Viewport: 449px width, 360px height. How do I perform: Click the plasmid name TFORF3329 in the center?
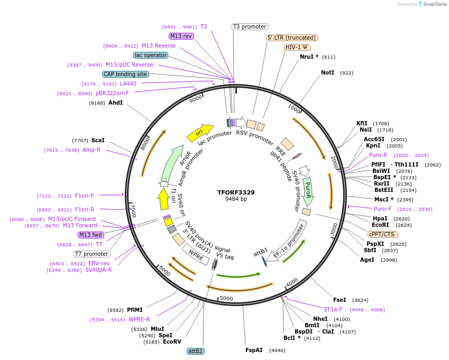(x=236, y=192)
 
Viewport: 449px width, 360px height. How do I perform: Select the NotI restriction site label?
(x=327, y=72)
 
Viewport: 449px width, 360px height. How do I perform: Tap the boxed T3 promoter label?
(x=250, y=26)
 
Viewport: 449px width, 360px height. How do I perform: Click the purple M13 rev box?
(x=181, y=36)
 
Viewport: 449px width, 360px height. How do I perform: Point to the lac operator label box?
(x=151, y=55)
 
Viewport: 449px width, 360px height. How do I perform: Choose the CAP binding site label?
(x=125, y=74)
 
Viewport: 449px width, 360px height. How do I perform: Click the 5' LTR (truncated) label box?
(x=292, y=38)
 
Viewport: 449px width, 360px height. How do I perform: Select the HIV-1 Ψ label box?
(x=297, y=47)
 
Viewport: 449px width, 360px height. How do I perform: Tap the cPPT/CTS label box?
(x=383, y=234)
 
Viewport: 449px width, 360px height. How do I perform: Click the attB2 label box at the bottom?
(x=196, y=351)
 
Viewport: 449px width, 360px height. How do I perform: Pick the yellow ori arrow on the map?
(x=200, y=132)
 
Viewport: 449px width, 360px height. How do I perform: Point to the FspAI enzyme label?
(x=254, y=350)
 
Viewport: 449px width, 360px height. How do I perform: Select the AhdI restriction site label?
(x=115, y=103)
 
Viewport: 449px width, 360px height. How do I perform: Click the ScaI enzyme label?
(x=98, y=140)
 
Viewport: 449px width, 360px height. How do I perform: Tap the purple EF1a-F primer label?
(x=333, y=309)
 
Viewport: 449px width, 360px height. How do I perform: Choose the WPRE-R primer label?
(x=139, y=319)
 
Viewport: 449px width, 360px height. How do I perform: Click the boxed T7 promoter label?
(x=92, y=254)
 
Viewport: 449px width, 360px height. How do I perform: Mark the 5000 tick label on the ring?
(x=226, y=299)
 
